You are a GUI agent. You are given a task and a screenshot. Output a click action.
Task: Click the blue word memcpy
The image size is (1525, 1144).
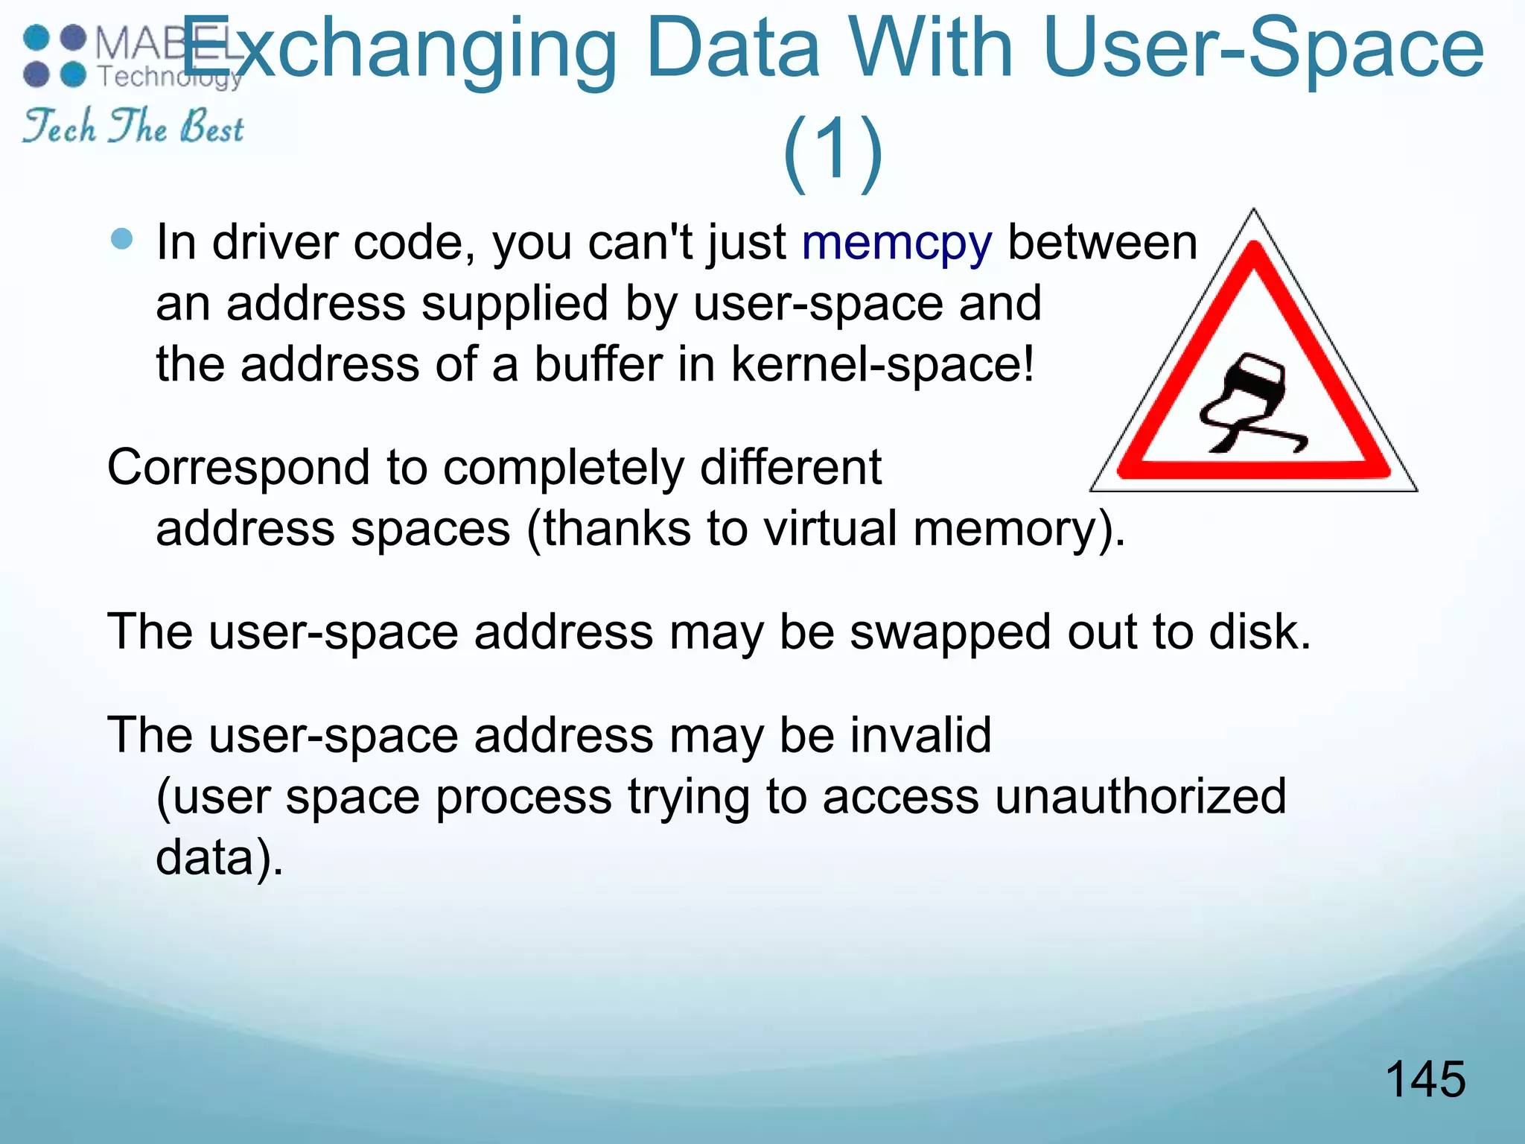coord(897,244)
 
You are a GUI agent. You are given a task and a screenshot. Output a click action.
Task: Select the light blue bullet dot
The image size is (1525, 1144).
coord(121,239)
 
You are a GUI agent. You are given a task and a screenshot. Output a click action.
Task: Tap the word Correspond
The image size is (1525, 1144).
coord(238,468)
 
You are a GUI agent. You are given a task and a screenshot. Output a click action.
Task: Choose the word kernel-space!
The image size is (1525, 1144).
coord(883,364)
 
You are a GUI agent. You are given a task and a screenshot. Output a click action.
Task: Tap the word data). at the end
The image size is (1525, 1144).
coord(220,857)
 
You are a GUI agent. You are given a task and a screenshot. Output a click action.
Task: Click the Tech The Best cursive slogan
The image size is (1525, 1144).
coord(133,126)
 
